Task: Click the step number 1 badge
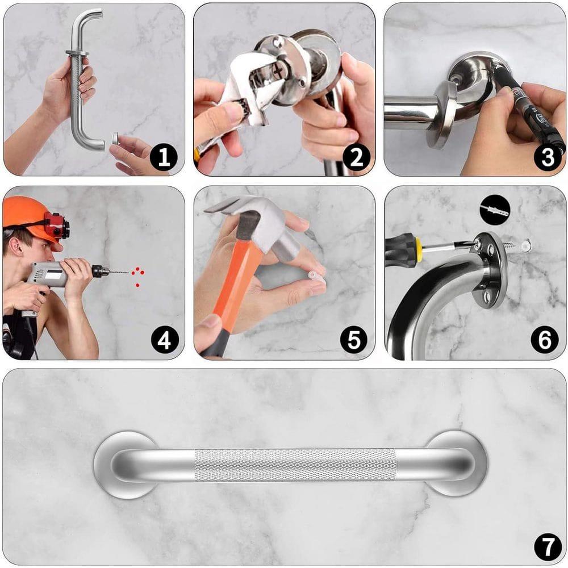coord(164,157)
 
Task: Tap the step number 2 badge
coord(356,157)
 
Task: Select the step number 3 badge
coord(547,157)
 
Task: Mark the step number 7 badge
coord(547,547)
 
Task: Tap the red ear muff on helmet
coord(56,226)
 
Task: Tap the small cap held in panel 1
coord(115,139)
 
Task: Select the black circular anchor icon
coord(494,210)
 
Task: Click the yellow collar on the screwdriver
coord(419,249)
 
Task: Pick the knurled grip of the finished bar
coord(295,465)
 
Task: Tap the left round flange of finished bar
coord(122,465)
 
